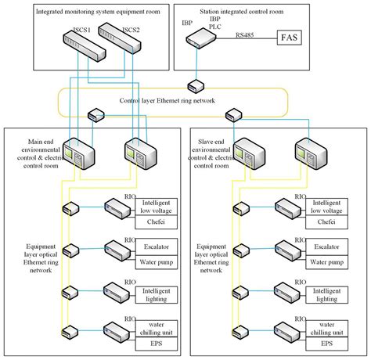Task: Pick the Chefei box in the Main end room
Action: (x=157, y=221)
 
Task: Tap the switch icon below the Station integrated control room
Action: (x=196, y=85)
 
